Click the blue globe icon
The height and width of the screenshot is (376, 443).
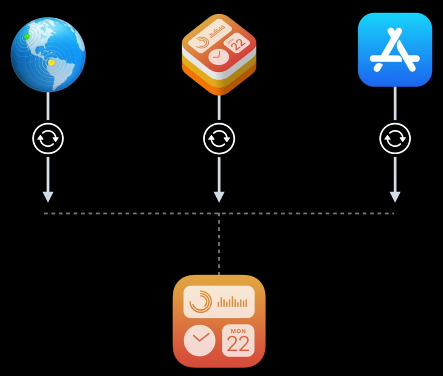point(48,55)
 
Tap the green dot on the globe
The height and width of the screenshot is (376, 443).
point(27,36)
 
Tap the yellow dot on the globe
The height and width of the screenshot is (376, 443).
point(51,63)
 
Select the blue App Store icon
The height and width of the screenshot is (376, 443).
point(395,50)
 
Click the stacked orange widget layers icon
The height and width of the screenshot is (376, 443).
point(219,54)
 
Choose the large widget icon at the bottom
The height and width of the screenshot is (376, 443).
point(219,321)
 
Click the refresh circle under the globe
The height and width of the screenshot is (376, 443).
point(48,138)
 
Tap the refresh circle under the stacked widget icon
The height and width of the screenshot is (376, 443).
point(219,138)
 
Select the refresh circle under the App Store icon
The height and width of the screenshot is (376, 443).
point(395,138)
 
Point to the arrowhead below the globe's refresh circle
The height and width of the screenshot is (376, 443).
point(48,197)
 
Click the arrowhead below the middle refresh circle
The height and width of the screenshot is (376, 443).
point(219,197)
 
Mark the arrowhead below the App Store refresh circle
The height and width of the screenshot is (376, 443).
point(395,197)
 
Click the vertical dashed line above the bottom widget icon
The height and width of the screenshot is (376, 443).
point(219,244)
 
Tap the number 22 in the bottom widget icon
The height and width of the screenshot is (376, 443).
point(238,344)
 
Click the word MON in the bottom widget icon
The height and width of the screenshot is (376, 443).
point(238,331)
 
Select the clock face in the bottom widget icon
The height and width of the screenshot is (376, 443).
point(200,340)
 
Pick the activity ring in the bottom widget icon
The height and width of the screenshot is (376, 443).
point(200,302)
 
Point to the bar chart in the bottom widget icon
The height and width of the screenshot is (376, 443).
point(232,303)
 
